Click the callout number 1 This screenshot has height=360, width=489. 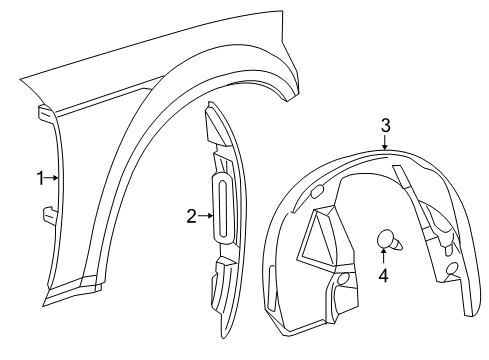(41, 178)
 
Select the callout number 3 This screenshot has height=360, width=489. (385, 125)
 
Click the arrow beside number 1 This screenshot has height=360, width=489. (53, 178)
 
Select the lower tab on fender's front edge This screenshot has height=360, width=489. (48, 212)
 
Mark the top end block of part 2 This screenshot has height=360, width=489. (217, 127)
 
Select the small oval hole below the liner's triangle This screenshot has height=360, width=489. (343, 279)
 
